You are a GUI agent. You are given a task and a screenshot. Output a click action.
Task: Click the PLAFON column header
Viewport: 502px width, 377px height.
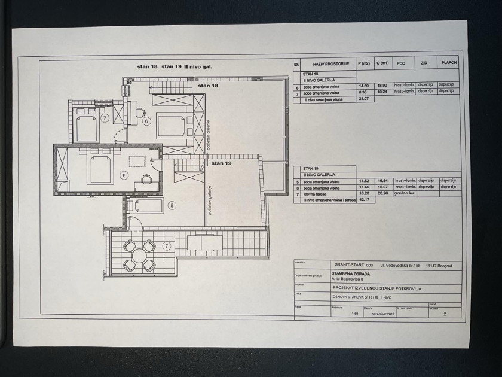tap(449, 62)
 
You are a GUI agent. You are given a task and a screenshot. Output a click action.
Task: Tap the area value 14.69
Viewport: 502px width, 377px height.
tap(363, 86)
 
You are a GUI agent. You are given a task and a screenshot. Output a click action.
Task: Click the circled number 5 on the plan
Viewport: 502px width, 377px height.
tap(172, 206)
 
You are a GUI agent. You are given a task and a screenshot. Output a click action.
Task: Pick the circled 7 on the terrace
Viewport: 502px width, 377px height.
tap(167, 245)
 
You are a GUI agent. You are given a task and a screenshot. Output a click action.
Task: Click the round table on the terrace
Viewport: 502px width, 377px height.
tap(139, 256)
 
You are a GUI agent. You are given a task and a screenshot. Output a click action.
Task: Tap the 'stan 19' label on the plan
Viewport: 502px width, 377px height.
tap(221, 163)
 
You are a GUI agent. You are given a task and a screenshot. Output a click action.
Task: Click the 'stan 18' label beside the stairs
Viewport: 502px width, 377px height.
tap(209, 86)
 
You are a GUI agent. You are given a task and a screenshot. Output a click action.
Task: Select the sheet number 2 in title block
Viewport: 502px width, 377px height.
tap(444, 313)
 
